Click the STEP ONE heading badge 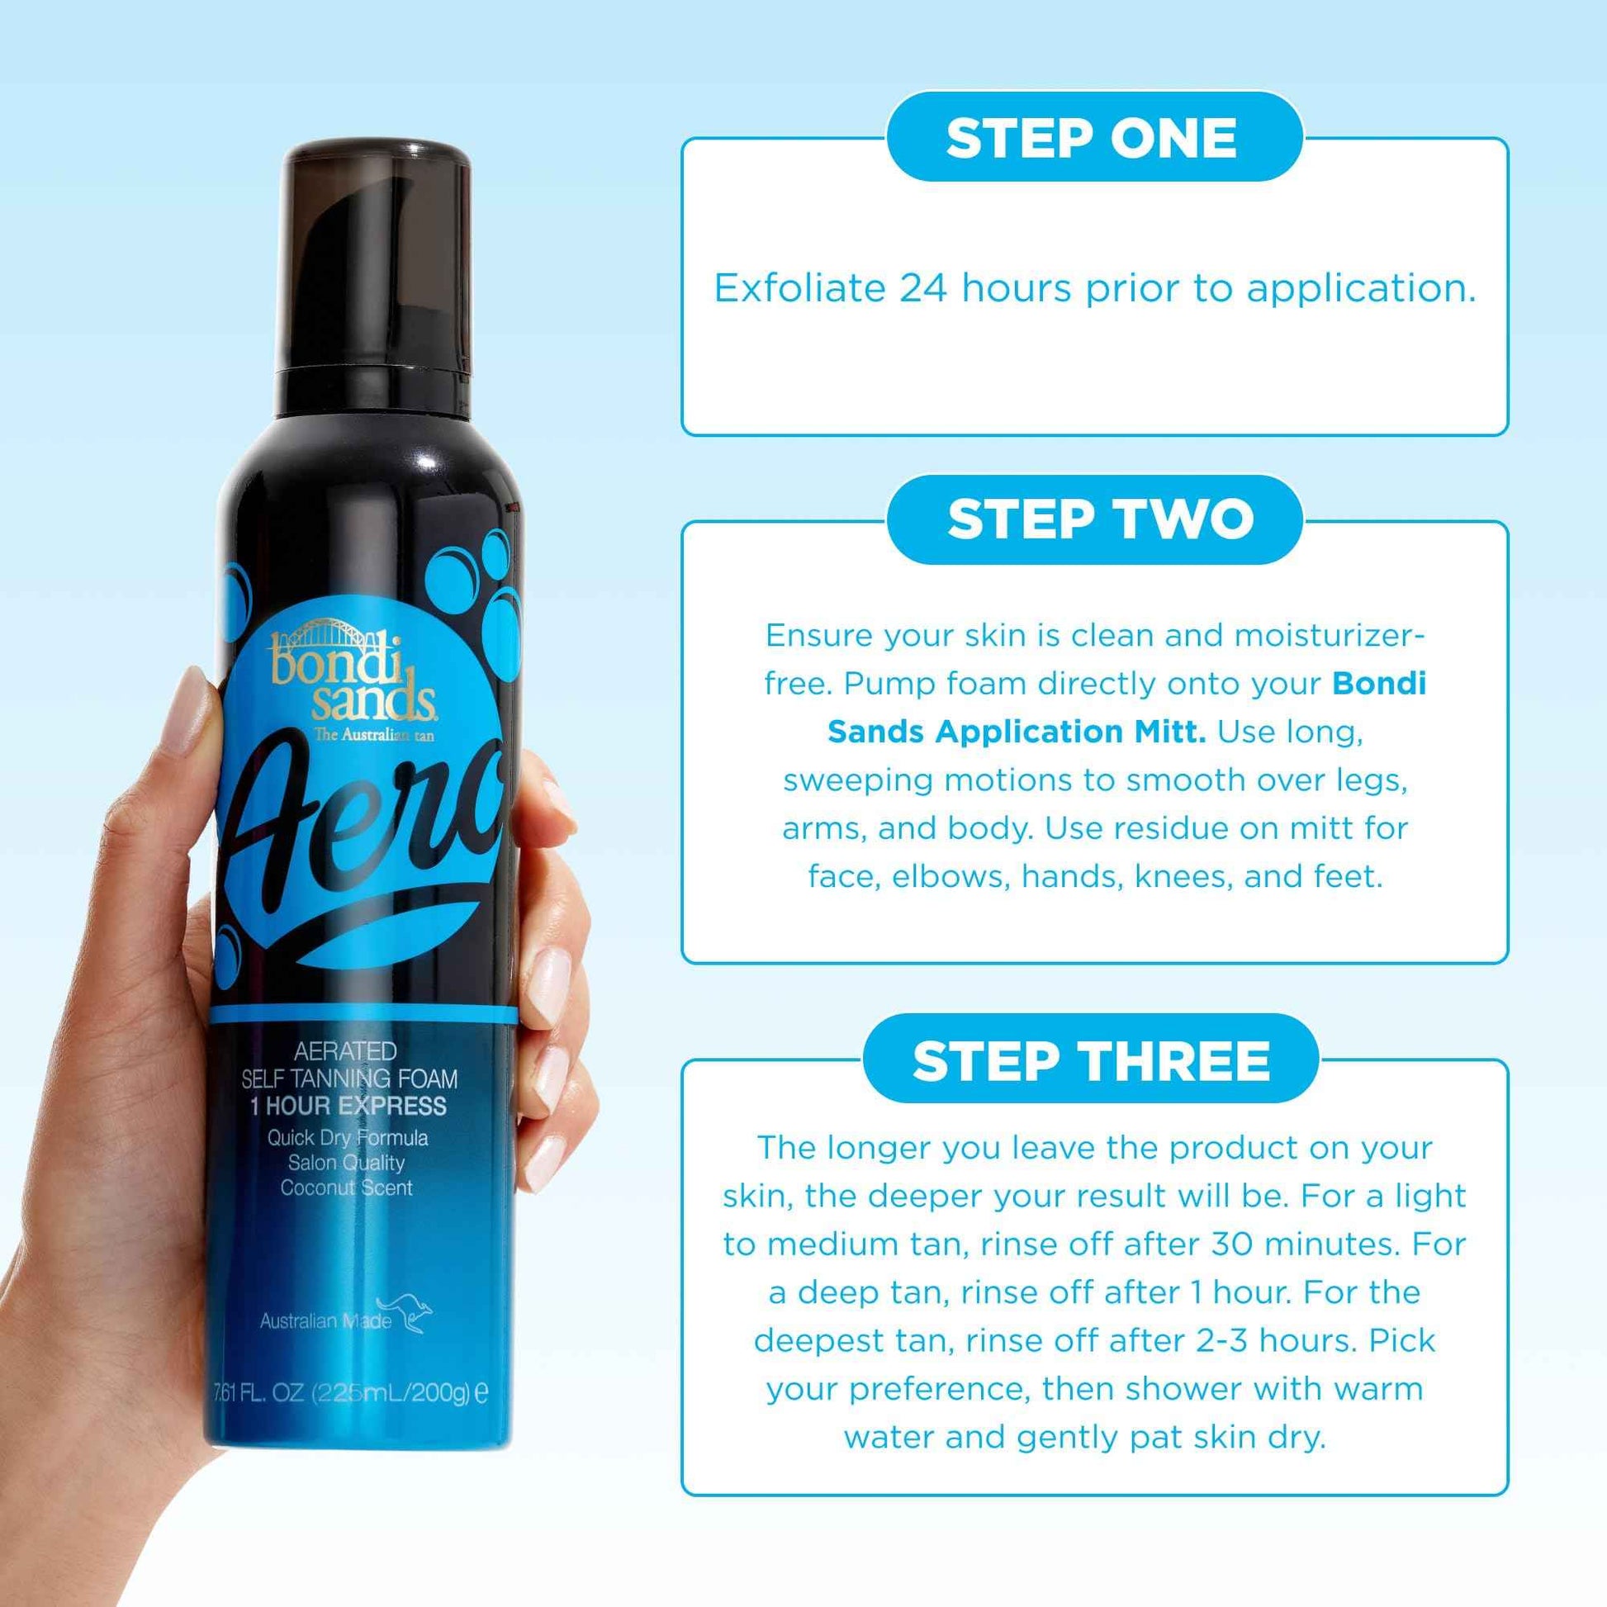[x=1093, y=137]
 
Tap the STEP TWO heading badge [x=1095, y=519]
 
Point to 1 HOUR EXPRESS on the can [x=348, y=1106]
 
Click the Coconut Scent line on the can [x=346, y=1187]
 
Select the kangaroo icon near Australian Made [x=406, y=1315]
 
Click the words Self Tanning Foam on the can [x=349, y=1078]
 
